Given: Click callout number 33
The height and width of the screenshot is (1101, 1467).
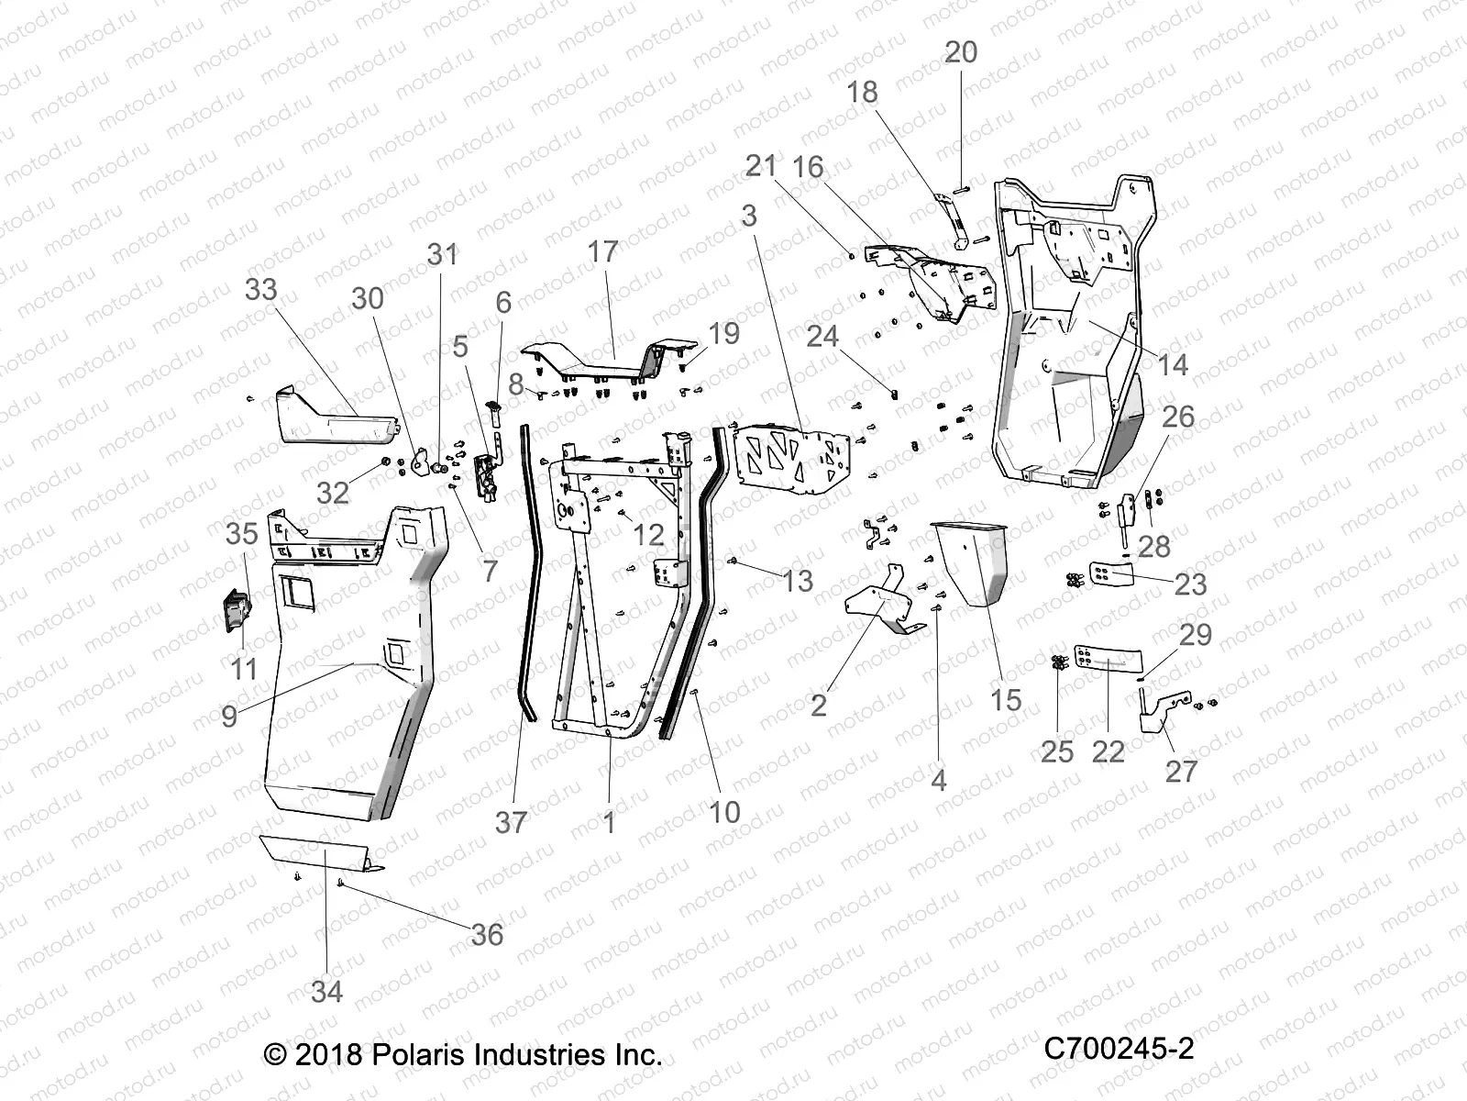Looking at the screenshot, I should (261, 290).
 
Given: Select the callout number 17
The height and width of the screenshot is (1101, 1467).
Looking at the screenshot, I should (603, 250).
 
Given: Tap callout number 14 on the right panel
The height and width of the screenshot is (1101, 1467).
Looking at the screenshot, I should (1173, 364).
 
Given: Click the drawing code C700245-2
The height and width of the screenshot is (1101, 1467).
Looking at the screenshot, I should (1119, 1049).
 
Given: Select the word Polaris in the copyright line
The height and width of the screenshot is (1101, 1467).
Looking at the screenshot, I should (419, 1054).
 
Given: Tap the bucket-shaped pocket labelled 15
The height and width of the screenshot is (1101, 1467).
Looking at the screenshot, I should (972, 560).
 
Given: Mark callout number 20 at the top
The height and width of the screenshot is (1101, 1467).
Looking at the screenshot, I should (961, 53).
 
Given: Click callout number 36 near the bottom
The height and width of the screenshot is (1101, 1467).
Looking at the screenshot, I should (488, 934).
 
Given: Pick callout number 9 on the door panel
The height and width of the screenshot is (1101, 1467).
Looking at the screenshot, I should (229, 715).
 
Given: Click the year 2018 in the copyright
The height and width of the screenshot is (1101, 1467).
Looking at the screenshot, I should (330, 1054).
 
